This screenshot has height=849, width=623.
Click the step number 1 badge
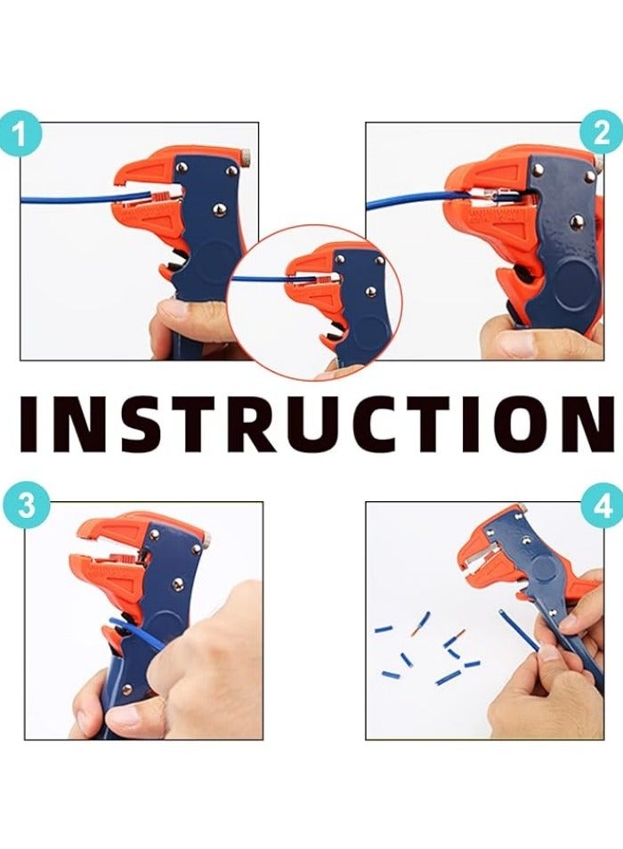(20, 133)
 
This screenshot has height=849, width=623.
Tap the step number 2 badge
(602, 132)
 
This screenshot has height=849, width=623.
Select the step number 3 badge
(26, 505)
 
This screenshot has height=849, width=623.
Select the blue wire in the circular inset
(265, 279)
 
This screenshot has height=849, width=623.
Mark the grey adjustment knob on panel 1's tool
(246, 157)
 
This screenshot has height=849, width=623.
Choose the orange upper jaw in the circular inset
(313, 259)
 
